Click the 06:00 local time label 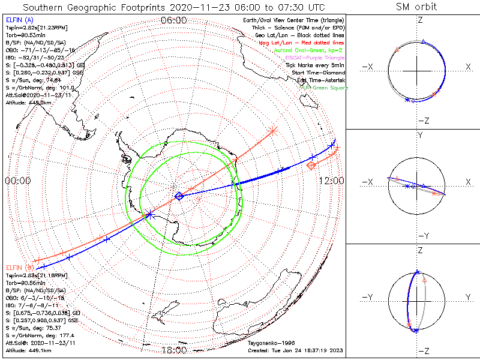[x=174, y=20]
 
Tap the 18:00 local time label [x=174, y=350]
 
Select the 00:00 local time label [x=17, y=180]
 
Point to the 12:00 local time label [x=331, y=180]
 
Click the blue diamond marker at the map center [x=179, y=196]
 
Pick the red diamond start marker [x=311, y=165]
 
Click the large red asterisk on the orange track [x=273, y=130]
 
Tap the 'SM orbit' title [x=416, y=7]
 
